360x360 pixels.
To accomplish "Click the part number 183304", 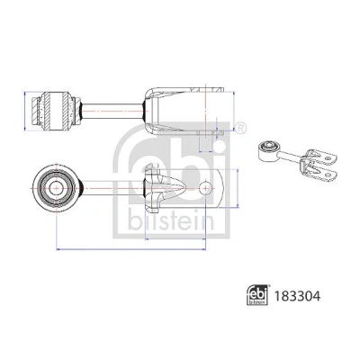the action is [297, 296].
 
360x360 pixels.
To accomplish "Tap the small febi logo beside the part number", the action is [256, 295].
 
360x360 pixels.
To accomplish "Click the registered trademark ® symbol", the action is [241, 128].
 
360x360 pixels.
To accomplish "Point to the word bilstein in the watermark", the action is [172, 222].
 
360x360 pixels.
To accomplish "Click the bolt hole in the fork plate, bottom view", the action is [205, 188].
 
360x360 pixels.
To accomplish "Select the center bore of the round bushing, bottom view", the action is [56, 188].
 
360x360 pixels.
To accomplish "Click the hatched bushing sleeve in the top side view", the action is [56, 111].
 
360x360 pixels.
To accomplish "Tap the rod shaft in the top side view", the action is [112, 111].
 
